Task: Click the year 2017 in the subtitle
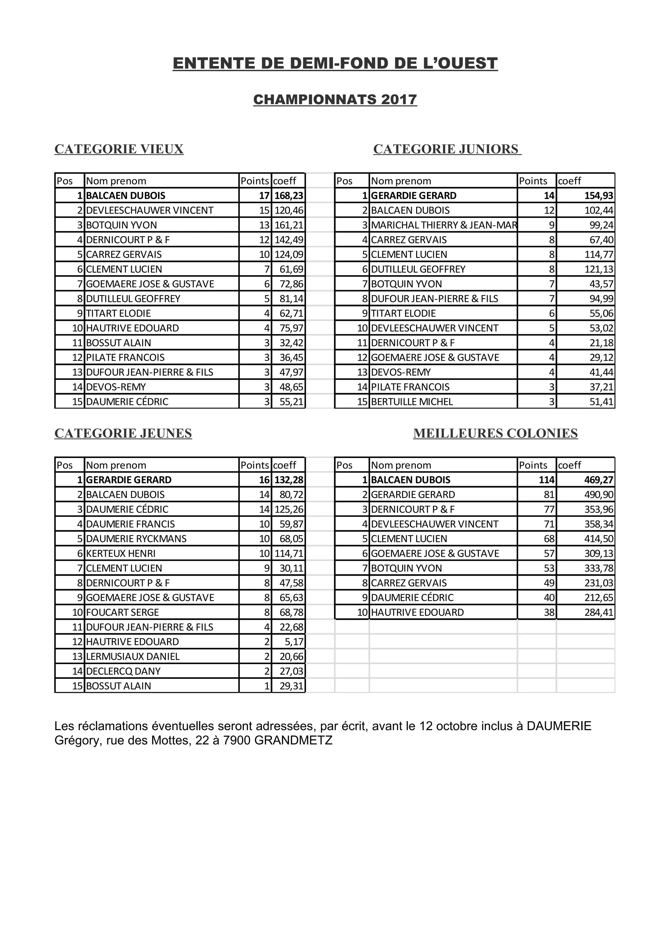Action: point(399,99)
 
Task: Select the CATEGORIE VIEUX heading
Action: point(119,149)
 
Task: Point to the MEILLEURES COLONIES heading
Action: point(495,433)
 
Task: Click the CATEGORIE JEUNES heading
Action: point(123,433)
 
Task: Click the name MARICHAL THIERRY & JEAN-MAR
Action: point(443,225)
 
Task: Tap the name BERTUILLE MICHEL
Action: point(412,402)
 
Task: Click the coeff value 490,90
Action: point(599,495)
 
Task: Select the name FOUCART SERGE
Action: point(122,612)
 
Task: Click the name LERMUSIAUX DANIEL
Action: point(132,657)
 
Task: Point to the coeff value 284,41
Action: point(599,612)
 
